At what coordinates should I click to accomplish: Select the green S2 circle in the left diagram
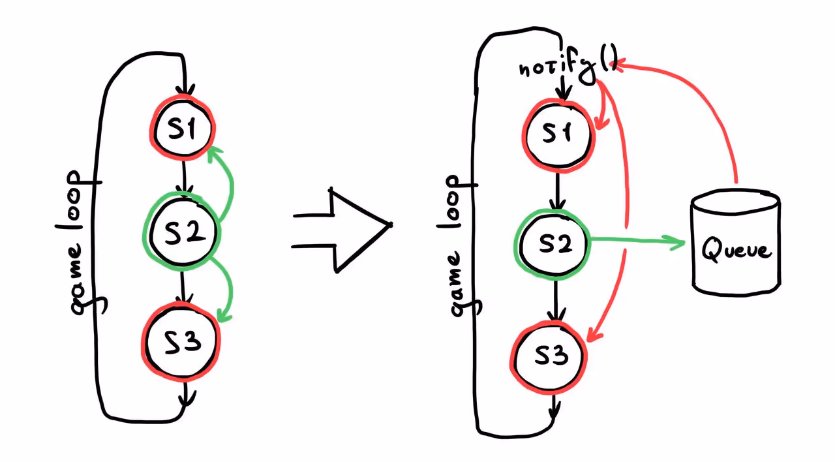pos(182,232)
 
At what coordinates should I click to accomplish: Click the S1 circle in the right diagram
pos(558,135)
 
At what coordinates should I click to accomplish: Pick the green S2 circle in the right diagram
pos(554,244)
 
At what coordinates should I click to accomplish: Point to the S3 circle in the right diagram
pos(549,356)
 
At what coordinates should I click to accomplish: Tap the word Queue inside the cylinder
pos(736,250)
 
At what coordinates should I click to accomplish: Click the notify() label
pos(568,67)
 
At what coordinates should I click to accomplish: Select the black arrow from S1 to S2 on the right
pos(556,189)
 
